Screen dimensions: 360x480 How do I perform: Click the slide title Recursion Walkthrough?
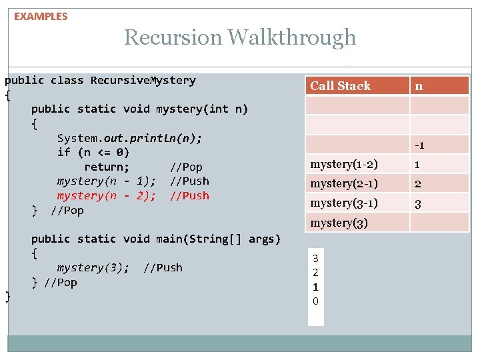point(240,37)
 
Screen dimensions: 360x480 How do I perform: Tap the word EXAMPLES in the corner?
point(41,16)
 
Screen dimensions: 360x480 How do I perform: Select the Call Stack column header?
point(340,85)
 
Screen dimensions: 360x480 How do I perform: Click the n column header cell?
point(418,85)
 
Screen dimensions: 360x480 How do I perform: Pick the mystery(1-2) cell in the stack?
point(344,164)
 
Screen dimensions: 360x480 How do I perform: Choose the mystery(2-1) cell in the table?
point(344,183)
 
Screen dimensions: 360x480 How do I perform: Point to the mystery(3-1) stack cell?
point(344,203)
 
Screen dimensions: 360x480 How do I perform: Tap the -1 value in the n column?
point(419,145)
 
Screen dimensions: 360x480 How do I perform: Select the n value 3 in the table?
point(418,203)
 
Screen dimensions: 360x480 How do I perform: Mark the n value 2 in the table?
point(418,184)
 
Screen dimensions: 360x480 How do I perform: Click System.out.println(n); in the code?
point(129,138)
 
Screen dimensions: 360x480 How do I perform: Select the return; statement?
point(107,167)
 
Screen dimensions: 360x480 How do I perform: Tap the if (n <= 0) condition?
point(93,152)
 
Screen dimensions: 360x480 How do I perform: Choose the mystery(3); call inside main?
point(93,267)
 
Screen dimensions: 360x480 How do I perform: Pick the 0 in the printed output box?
point(315,301)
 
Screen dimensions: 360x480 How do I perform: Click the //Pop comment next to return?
point(186,167)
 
